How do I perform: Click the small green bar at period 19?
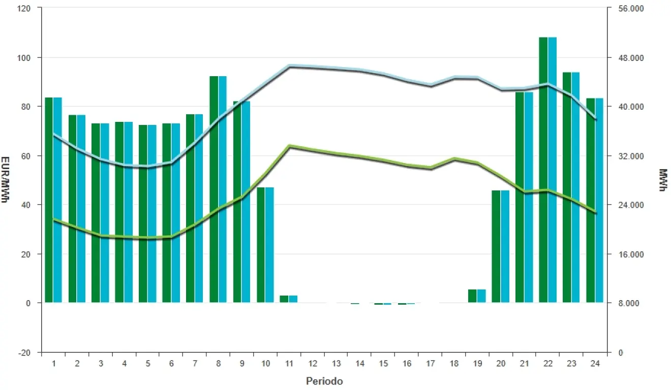(472, 296)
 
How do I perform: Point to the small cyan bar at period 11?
(293, 299)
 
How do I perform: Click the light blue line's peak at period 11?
(289, 66)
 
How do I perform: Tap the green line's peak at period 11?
(289, 146)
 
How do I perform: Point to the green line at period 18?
(454, 159)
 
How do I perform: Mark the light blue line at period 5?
(147, 167)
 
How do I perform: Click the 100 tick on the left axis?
(25, 57)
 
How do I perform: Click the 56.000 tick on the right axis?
(626, 9)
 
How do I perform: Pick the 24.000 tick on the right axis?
(626, 205)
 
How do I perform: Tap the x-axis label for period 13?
(336, 364)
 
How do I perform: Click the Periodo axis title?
(324, 381)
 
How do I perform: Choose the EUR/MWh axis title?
(5, 180)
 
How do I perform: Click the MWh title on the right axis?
(663, 180)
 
